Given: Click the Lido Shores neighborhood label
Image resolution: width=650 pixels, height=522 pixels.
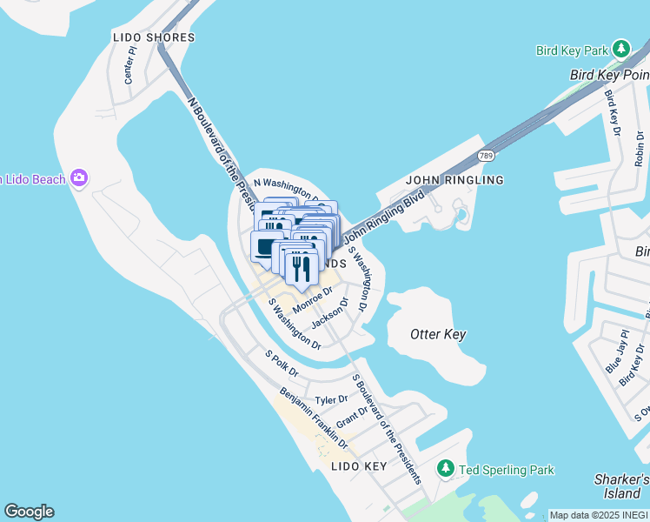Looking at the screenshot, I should pos(154,37).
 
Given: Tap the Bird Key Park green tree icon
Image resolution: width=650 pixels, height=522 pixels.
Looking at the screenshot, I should pos(620,49).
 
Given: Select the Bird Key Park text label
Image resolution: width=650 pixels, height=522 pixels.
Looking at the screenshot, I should pos(570,50).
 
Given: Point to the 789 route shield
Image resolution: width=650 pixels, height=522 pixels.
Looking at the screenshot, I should pos(487,156).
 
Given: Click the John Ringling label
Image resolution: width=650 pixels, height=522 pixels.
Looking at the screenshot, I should pos(454,180).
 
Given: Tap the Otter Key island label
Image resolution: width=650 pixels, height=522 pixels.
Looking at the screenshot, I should pos(438,334).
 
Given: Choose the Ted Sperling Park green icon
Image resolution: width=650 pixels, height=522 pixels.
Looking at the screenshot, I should pos(446,470).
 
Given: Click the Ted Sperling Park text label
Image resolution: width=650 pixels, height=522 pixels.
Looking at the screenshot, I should pos(507,471).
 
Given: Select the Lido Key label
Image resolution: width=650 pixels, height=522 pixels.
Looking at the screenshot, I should pos(358,466).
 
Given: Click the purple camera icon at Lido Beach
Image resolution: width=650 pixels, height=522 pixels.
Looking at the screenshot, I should pos(80,178).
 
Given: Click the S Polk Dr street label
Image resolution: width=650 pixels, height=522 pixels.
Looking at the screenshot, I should pos(282,364).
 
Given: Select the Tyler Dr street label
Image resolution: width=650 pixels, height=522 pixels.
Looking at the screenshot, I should pos(331,399).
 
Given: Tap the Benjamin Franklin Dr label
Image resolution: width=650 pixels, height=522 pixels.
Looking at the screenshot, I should pos(313,419).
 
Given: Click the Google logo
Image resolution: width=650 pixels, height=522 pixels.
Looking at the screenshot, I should pos(29,512).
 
